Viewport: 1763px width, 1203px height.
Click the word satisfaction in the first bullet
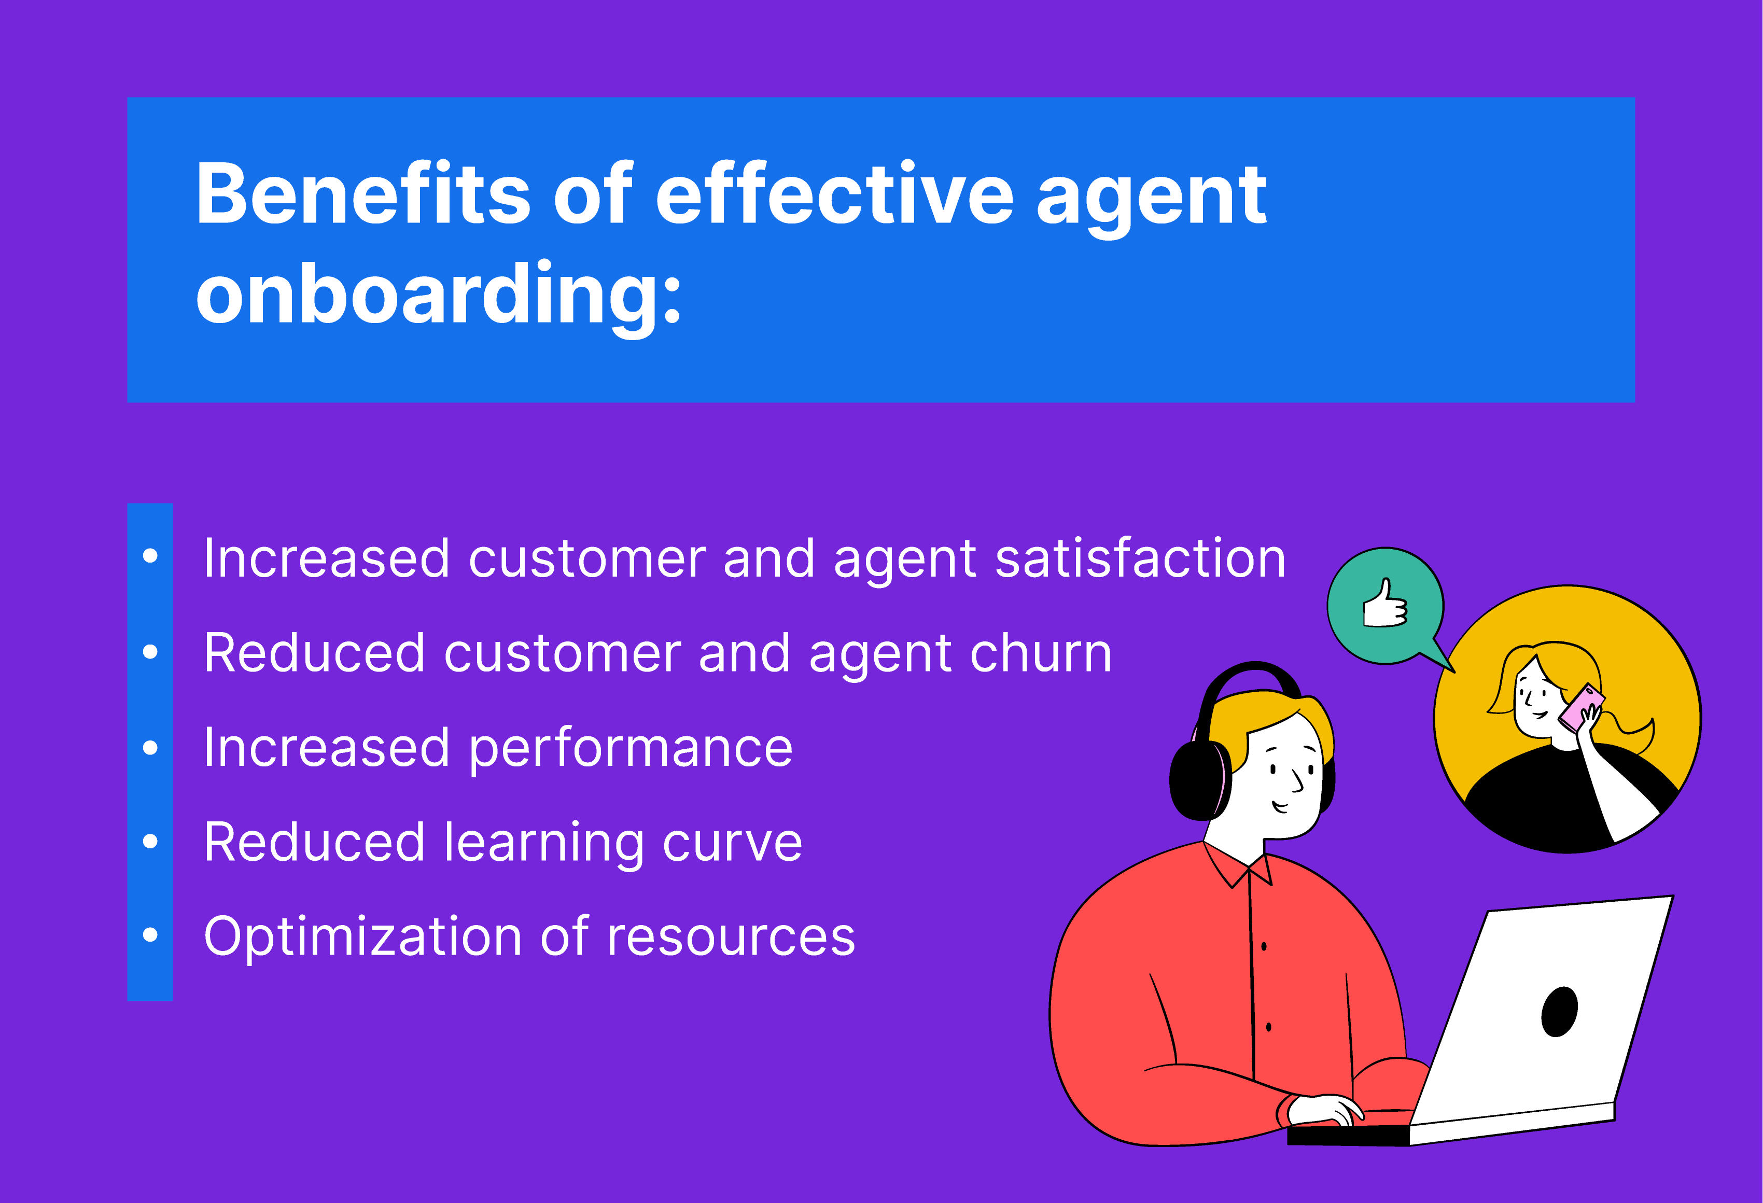tap(1140, 558)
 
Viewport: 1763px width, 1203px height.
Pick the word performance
tap(631, 749)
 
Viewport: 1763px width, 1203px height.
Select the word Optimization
tap(362, 938)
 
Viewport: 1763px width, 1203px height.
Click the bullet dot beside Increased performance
tap(150, 748)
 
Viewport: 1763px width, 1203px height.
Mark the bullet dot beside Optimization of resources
tap(150, 935)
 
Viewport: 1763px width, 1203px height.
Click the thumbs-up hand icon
tap(1385, 605)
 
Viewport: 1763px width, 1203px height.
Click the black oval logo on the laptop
tap(1560, 1011)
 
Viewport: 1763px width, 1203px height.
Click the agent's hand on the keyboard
tap(1327, 1110)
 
